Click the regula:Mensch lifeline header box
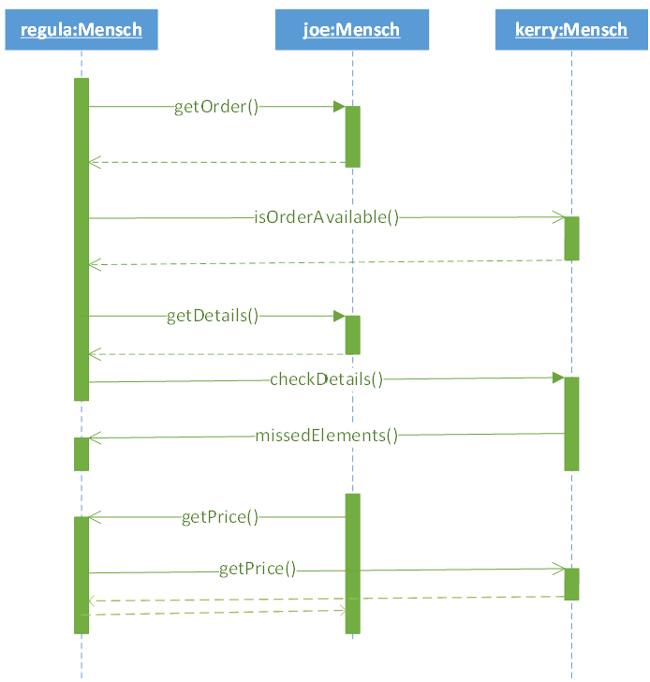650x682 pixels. (x=81, y=30)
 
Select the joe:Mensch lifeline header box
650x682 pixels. (x=352, y=30)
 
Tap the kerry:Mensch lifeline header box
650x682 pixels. (x=571, y=30)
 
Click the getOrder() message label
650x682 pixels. (x=216, y=107)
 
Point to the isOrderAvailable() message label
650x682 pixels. (x=326, y=217)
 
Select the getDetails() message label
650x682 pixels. (x=213, y=317)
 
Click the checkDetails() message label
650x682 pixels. (x=326, y=379)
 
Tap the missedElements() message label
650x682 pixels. (x=326, y=436)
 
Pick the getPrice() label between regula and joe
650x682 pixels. (x=219, y=517)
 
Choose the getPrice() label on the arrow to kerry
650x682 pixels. (x=258, y=570)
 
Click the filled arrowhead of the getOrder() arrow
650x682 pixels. (x=339, y=107)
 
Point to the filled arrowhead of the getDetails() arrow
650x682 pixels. (x=339, y=317)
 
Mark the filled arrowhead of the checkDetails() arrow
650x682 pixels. (x=558, y=378)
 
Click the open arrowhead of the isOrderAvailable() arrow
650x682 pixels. (x=559, y=217)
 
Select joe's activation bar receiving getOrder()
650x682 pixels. (x=352, y=137)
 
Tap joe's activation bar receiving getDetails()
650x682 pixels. (x=352, y=335)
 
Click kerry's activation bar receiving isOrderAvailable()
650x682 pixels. (x=571, y=238)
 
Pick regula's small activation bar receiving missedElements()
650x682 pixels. (x=81, y=454)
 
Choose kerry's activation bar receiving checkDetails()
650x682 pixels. (x=571, y=424)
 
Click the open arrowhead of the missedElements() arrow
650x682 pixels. (x=95, y=437)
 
